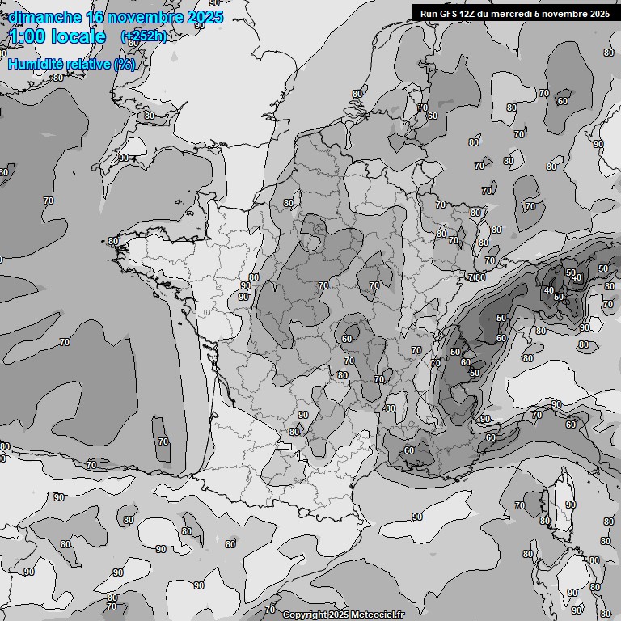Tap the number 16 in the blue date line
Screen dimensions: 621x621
[96, 17]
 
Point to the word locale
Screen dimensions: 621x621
[80, 36]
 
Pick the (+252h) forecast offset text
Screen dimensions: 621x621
[143, 36]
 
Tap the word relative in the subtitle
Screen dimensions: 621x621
[88, 64]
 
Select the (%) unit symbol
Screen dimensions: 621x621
[125, 64]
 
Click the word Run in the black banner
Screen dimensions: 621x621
[429, 13]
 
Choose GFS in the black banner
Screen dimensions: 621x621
[449, 13]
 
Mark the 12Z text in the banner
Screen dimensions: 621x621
[470, 13]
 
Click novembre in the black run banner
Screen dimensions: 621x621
[565, 13]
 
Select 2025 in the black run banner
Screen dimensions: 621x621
[600, 13]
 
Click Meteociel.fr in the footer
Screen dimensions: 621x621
[377, 615]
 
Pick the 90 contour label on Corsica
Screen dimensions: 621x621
[570, 505]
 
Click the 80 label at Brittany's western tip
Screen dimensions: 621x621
[112, 241]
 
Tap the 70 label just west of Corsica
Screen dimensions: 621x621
[519, 506]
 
